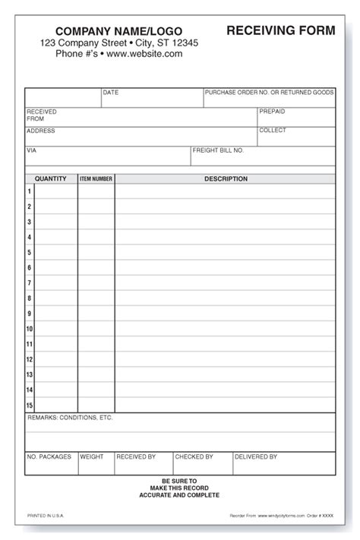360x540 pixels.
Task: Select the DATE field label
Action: (111, 93)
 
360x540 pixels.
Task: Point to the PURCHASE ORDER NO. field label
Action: (270, 93)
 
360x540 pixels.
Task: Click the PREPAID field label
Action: (272, 112)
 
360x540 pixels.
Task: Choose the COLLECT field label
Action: (273, 131)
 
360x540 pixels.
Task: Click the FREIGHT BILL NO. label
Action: (218, 150)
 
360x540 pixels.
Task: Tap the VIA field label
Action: (32, 150)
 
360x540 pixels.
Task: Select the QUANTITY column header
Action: (51, 179)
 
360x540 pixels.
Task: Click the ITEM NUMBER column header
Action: (96, 179)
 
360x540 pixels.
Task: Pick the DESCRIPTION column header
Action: (226, 179)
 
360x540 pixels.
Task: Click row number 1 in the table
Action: (30, 191)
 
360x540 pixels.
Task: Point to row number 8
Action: (30, 298)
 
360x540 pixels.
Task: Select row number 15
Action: (30, 406)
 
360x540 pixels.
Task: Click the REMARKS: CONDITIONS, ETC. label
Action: (69, 418)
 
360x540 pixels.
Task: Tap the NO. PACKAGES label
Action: (49, 456)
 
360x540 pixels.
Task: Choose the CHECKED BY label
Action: (194, 456)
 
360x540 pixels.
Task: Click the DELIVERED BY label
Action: (255, 456)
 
